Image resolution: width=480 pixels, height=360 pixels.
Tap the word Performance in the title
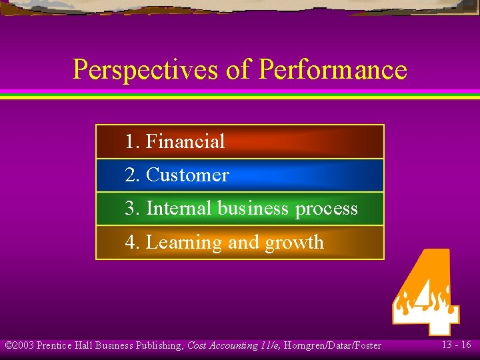332,70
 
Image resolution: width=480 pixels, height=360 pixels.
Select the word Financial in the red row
185,141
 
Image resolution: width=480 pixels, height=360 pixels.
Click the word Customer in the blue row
187,175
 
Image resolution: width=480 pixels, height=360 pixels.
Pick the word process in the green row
327,209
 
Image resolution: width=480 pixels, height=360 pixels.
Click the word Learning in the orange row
185,243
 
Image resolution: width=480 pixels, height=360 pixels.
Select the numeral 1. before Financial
133,141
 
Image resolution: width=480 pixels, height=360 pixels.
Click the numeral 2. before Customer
133,175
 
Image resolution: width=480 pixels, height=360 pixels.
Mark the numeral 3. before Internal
133,209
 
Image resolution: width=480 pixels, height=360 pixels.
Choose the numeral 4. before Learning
133,243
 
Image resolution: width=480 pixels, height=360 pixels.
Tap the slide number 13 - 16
456,345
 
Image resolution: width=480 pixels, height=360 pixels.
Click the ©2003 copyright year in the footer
19,345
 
